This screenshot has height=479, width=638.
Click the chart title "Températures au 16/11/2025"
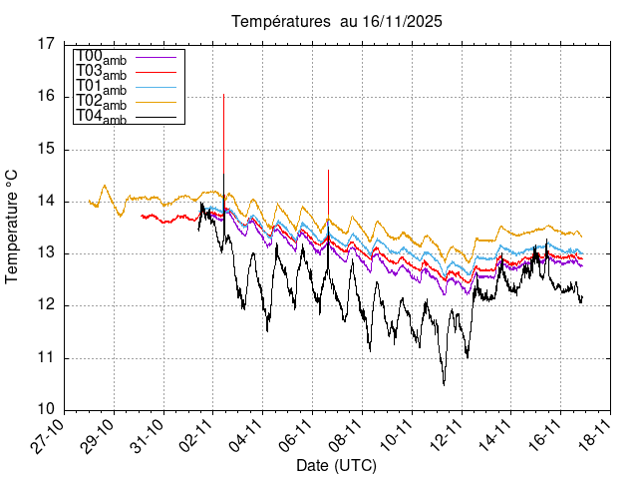point(337,21)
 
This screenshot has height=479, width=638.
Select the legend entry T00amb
point(101,56)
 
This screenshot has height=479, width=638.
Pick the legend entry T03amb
point(101,71)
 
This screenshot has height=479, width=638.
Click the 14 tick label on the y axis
point(46,201)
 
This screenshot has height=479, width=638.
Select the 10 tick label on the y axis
point(46,410)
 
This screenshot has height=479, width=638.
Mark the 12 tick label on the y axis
point(46,305)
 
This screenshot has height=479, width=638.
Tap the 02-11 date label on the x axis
point(198,437)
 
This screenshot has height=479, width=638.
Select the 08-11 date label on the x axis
point(347,437)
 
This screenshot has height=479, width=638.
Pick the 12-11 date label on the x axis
point(446,437)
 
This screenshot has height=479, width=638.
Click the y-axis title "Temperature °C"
point(13,226)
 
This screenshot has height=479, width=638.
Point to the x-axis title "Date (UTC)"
point(336,466)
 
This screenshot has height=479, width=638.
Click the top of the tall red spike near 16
point(223,95)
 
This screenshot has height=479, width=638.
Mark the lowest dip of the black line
point(444,384)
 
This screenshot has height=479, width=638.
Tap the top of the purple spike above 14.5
point(328,171)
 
